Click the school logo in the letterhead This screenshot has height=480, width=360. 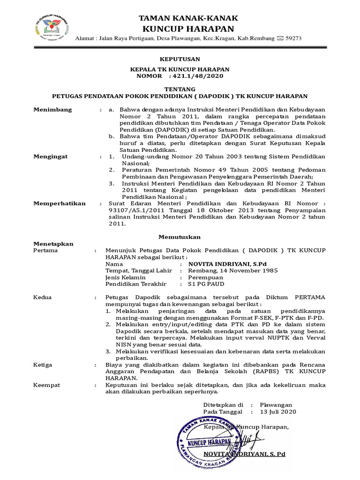(x=52, y=29)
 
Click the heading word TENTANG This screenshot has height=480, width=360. (x=180, y=89)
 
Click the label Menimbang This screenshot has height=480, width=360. (x=52, y=110)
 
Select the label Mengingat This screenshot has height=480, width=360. (x=51, y=156)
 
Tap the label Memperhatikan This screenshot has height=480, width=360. (x=59, y=203)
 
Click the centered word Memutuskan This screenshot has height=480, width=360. (x=180, y=237)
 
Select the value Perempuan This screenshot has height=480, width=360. (x=206, y=277)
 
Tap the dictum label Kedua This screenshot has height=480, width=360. (x=43, y=298)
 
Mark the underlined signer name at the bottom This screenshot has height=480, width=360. (x=244, y=454)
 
